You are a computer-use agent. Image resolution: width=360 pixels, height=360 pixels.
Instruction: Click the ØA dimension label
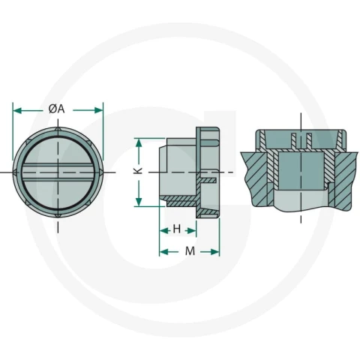pyautogui.click(x=56, y=109)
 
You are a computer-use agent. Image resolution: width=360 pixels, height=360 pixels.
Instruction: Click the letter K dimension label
pyautogui.click(x=138, y=170)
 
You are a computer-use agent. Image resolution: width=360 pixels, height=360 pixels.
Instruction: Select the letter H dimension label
pyautogui.click(x=177, y=229)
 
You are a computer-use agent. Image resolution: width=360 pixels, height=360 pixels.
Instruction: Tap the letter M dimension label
pyautogui.click(x=190, y=250)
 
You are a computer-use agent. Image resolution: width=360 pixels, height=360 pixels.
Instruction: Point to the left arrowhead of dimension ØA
pyautogui.click(x=17, y=110)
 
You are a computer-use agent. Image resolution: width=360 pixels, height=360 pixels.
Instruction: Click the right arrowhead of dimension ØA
pyautogui.click(x=98, y=110)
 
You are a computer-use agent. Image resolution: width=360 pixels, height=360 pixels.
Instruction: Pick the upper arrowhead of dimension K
pyautogui.click(x=139, y=142)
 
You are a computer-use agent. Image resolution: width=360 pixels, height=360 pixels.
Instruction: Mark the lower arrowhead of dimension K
pyautogui.click(x=139, y=202)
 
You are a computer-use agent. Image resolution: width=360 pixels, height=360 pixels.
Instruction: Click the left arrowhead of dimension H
pyautogui.click(x=163, y=231)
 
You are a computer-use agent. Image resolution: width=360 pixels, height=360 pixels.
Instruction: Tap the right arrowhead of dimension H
pyautogui.click(x=192, y=231)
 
